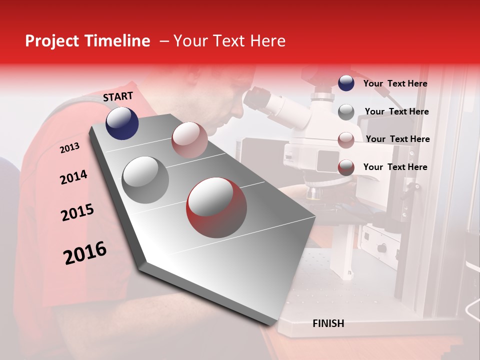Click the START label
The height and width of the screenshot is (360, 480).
(x=118, y=96)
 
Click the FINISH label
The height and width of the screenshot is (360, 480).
(x=328, y=323)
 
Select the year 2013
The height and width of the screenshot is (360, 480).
(x=69, y=147)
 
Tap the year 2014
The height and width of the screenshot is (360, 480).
(x=73, y=177)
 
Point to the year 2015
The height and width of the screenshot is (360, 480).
(x=77, y=212)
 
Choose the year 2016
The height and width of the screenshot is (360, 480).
(x=85, y=252)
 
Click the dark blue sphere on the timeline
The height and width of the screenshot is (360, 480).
(x=122, y=123)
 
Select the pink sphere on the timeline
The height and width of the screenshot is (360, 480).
(x=189, y=140)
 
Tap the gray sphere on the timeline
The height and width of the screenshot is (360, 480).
(x=145, y=179)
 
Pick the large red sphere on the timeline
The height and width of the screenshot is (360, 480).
(x=216, y=207)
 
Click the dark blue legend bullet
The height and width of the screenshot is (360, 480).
(x=346, y=83)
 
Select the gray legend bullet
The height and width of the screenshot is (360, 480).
(x=346, y=112)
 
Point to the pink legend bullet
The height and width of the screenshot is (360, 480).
(x=346, y=139)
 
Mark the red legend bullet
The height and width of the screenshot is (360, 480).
(x=346, y=167)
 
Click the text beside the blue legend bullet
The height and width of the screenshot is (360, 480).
(x=395, y=83)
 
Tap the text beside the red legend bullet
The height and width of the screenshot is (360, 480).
(x=395, y=167)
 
